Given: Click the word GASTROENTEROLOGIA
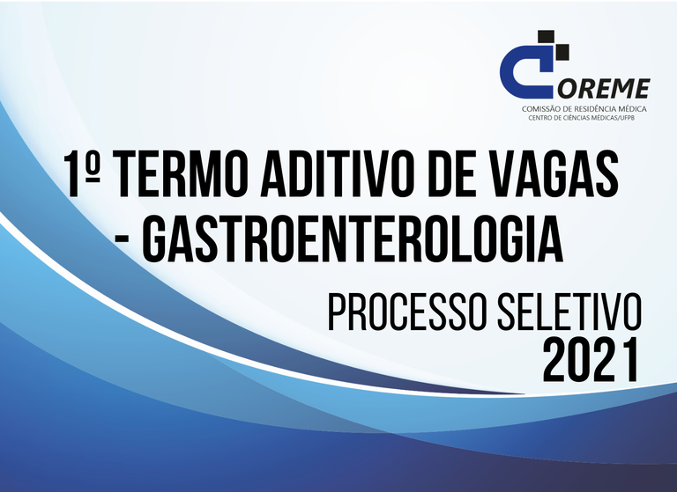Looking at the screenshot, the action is pyautogui.click(x=353, y=239).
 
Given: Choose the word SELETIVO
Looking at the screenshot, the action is pyautogui.click(x=569, y=312).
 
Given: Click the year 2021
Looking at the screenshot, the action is pyautogui.click(x=591, y=361).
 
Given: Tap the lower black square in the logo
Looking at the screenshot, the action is pyautogui.click(x=562, y=53).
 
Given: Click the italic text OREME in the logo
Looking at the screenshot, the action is pyautogui.click(x=604, y=88).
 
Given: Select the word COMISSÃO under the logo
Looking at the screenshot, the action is pyautogui.click(x=540, y=109).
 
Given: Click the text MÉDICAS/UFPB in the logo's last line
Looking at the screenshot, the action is pyautogui.click(x=614, y=118).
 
